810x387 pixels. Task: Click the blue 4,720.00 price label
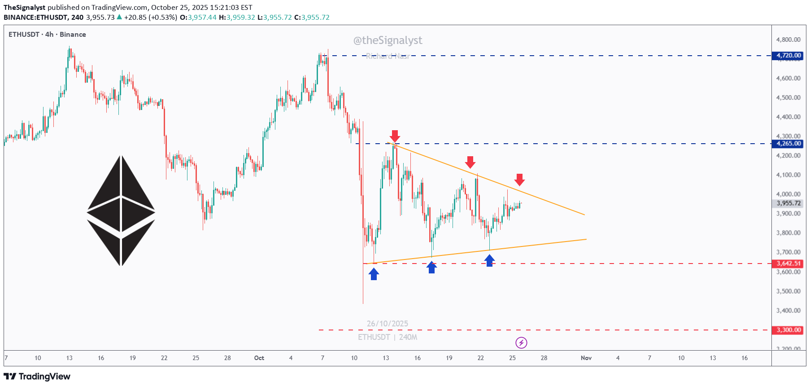788,56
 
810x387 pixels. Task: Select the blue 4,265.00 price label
788,144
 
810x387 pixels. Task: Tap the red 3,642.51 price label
788,264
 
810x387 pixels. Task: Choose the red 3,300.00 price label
788,330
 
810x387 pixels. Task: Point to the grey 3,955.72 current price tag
788,203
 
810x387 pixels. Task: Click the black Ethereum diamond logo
121,211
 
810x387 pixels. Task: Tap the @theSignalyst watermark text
388,40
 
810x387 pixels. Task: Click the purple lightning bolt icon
521,343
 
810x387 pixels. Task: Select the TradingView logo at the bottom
37,376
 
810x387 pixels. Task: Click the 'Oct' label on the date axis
259,358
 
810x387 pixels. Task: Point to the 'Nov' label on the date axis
586,358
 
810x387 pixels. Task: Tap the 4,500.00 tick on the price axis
788,97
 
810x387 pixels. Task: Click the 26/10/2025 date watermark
388,324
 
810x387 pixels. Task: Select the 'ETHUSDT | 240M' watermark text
388,337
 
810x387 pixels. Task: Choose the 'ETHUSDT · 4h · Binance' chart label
47,35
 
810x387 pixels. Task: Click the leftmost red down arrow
395,136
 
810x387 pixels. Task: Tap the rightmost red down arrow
519,180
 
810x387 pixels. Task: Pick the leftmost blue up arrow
374,273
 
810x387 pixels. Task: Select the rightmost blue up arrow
489,260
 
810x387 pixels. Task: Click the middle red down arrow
470,162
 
